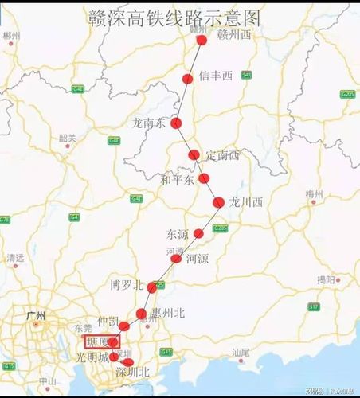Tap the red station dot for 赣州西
[x=202, y=39]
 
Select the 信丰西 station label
[x=215, y=76]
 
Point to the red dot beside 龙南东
[x=177, y=123]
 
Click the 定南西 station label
[x=222, y=154]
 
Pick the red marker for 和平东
[x=204, y=178]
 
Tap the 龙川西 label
[x=245, y=202]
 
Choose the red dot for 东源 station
[x=199, y=234]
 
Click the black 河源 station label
[x=197, y=259]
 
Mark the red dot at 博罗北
[x=152, y=287]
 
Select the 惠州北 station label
[x=168, y=314]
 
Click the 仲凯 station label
[x=108, y=321]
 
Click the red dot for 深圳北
[x=128, y=363]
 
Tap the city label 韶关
[x=67, y=139]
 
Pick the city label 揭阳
[x=326, y=279]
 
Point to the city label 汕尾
[x=241, y=351]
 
